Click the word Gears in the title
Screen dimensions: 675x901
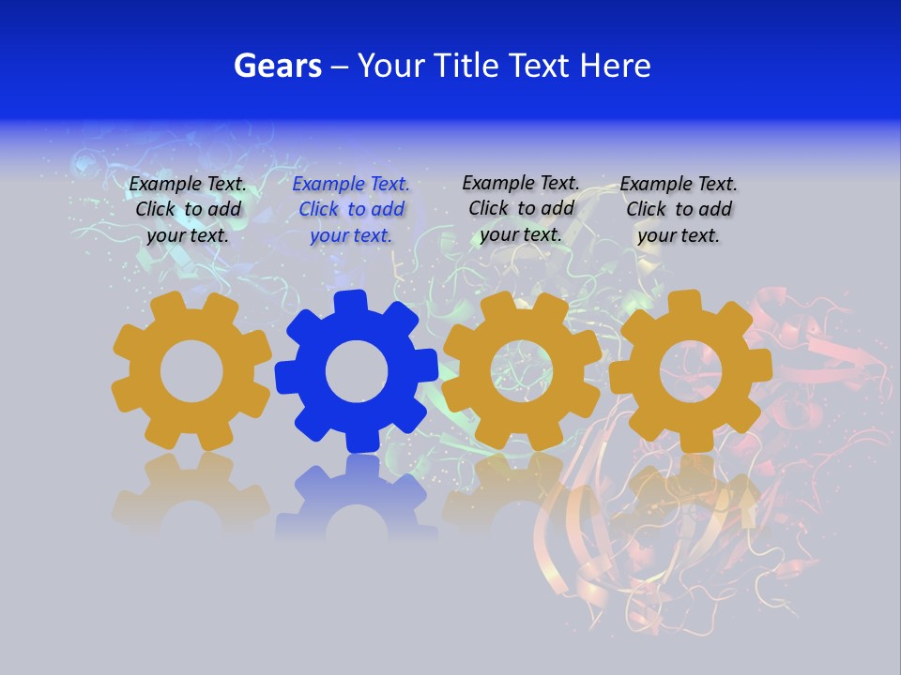(x=276, y=66)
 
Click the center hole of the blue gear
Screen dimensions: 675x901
(x=357, y=372)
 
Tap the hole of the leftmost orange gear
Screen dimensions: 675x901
(x=191, y=372)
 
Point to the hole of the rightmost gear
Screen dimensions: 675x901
(x=691, y=372)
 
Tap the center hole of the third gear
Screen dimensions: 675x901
(x=521, y=370)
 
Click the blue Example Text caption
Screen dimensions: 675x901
(x=351, y=210)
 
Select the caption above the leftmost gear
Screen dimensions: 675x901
(x=188, y=210)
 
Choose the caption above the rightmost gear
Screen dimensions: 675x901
(x=679, y=210)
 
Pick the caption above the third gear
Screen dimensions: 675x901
(x=521, y=208)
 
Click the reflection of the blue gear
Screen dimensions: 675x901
(x=357, y=497)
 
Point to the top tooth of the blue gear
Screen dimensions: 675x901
(x=351, y=302)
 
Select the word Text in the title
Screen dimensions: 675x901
(x=543, y=66)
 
